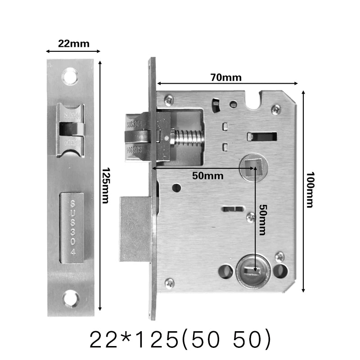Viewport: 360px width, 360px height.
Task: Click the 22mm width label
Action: pyautogui.click(x=73, y=44)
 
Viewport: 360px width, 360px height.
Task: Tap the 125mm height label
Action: pyautogui.click(x=105, y=185)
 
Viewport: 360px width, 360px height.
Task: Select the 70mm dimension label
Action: pyautogui.click(x=226, y=77)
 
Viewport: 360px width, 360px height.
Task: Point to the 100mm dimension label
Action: pyautogui.click(x=309, y=189)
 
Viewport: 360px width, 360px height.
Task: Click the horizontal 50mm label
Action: pyautogui.click(x=207, y=175)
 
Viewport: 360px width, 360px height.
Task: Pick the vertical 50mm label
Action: pyautogui.click(x=262, y=219)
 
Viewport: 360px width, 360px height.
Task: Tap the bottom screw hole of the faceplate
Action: pyautogui.click(x=70, y=298)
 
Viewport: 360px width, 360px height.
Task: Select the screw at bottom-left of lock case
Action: pyautogui.click(x=170, y=283)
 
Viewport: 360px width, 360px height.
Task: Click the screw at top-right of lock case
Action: pyautogui.click(x=276, y=108)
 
